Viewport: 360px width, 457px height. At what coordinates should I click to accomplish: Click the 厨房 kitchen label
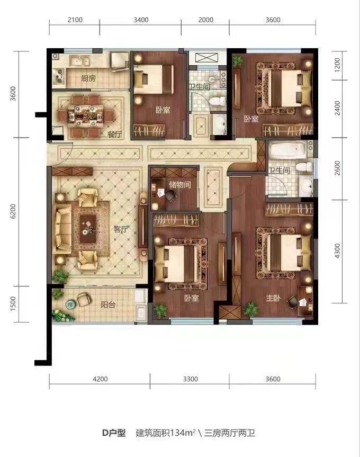coord(88,78)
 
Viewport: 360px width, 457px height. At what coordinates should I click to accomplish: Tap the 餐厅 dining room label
coord(114,135)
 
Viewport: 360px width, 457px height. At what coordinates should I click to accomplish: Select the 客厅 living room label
coord(121,229)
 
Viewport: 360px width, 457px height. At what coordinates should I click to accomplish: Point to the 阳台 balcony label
coord(108,304)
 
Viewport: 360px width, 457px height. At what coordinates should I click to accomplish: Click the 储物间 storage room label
coord(180,184)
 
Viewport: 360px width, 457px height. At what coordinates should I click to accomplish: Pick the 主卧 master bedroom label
coord(273,298)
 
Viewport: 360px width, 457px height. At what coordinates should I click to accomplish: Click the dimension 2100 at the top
coord(75,20)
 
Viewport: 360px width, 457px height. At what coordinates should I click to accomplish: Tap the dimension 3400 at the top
coord(141,20)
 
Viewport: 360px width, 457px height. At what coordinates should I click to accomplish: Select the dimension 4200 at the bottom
coord(100,379)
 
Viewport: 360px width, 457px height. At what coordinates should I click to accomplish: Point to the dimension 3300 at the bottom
coord(191,379)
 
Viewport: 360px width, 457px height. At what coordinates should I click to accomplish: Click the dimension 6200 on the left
coord(13,211)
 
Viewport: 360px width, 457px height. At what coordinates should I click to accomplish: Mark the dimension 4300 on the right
coord(337,251)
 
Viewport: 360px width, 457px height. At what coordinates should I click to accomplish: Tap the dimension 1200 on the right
coord(337,65)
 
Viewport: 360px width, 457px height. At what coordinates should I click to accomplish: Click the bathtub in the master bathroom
coord(288,150)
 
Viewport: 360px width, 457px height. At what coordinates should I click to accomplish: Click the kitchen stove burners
coord(59,76)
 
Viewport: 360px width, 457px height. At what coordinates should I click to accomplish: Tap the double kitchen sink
coord(80,61)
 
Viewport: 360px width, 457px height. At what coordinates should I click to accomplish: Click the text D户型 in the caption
coord(114,433)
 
